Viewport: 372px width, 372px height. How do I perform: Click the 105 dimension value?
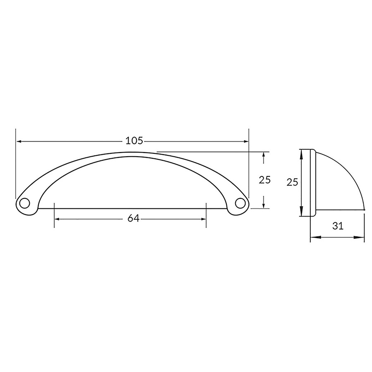click(134, 141)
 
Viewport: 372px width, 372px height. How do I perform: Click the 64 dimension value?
click(134, 218)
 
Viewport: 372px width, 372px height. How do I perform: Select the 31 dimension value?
click(338, 226)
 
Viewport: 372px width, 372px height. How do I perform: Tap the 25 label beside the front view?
click(265, 180)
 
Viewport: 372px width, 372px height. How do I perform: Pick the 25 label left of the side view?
click(292, 182)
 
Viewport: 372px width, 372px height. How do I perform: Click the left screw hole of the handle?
click(24, 203)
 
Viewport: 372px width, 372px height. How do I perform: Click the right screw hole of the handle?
click(240, 203)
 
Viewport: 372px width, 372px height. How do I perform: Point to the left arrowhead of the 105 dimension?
click(19, 141)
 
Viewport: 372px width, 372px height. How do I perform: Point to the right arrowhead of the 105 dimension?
click(246, 141)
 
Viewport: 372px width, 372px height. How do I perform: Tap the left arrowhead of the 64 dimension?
click(57, 219)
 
